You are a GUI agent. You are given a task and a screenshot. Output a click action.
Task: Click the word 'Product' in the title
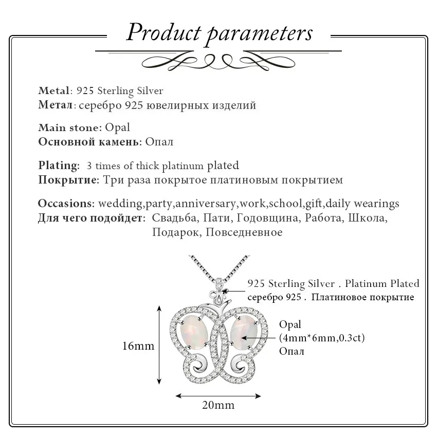[163, 32]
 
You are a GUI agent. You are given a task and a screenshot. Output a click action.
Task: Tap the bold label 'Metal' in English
[53, 91]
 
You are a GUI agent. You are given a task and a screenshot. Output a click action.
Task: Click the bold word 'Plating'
[59, 166]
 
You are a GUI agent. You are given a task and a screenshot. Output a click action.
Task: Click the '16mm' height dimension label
[138, 345]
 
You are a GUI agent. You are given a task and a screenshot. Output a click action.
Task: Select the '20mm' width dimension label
[217, 405]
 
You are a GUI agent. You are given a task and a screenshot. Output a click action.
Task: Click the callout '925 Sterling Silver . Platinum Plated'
[333, 283]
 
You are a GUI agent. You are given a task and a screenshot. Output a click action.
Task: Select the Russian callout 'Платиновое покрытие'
[362, 297]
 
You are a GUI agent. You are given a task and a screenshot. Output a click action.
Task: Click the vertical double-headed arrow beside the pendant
[159, 344]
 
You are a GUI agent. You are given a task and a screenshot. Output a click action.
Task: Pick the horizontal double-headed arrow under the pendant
[218, 395]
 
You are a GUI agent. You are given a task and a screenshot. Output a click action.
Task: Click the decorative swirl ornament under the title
[219, 61]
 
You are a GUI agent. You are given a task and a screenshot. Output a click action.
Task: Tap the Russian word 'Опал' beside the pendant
[291, 351]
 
